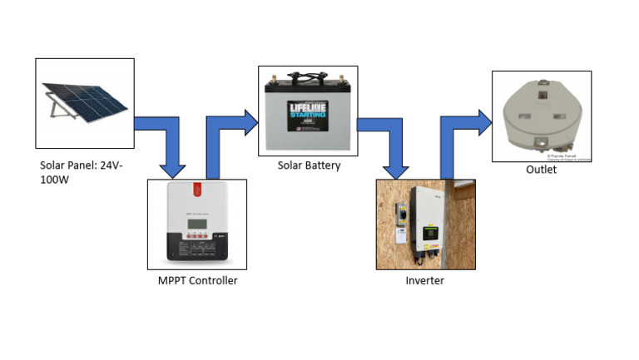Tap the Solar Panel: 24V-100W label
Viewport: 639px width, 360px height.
pos(79,172)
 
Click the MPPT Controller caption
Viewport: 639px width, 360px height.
pos(197,280)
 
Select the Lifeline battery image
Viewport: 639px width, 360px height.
pos(307,111)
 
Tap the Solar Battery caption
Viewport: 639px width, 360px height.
pos(309,165)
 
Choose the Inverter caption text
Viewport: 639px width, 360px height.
pos(424,280)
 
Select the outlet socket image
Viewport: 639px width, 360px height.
pos(542,116)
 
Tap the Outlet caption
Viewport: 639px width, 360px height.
pos(541,170)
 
